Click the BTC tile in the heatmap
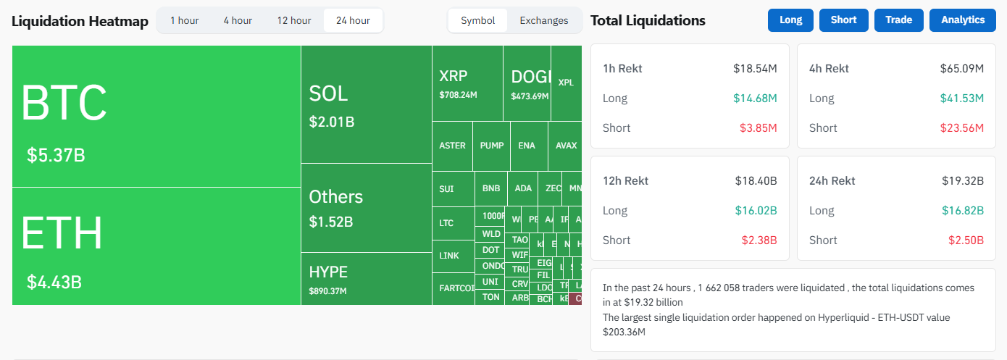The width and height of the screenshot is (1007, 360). coord(156,116)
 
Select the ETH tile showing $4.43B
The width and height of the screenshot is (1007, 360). coord(156,246)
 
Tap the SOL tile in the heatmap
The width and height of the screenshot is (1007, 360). coord(366,104)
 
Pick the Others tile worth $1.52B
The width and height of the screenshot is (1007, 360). coord(366,208)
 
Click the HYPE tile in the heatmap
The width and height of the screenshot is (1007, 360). coord(366,279)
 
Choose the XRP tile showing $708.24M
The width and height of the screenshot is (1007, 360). coord(467,83)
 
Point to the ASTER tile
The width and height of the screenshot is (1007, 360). coord(452,146)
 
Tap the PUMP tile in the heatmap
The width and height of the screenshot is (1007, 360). coord(492,146)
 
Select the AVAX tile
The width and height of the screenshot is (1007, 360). coord(566,146)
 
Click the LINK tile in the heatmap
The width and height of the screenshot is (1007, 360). coord(449,256)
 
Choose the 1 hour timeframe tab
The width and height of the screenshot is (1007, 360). coord(185,20)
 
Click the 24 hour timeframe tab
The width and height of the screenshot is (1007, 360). coord(353,20)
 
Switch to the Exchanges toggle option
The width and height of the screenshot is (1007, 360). coord(544,20)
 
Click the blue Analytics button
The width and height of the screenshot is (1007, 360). coord(963,20)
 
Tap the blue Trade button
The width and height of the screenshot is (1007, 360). coord(899,20)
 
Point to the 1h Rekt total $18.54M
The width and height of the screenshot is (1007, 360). coord(755,69)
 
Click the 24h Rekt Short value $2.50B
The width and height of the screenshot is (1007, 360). coord(966,240)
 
